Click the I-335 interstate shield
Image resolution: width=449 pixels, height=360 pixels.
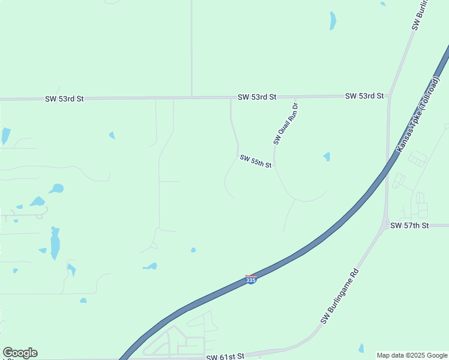coord(252,280)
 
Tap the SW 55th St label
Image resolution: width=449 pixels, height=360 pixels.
coord(256,161)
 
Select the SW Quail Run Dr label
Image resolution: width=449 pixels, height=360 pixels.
coord(286,124)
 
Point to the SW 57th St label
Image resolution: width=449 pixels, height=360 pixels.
coord(409,226)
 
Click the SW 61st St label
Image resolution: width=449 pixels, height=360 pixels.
coord(225,356)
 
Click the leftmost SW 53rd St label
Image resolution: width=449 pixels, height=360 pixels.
coord(64,98)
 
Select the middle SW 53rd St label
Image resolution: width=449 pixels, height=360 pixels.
coord(256,97)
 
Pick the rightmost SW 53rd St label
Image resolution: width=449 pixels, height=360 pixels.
coord(364,96)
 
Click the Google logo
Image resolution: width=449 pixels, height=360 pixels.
coord(20,353)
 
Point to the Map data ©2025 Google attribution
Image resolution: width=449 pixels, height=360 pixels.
coord(411,355)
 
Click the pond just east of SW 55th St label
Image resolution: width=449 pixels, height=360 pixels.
coord(327,157)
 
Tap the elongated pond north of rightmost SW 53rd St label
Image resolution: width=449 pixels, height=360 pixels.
coord(333,20)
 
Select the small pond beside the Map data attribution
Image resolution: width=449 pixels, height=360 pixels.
coord(361,348)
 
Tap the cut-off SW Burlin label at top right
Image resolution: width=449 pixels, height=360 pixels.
coord(421,15)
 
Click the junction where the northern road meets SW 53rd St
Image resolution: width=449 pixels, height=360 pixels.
coord(191,97)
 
